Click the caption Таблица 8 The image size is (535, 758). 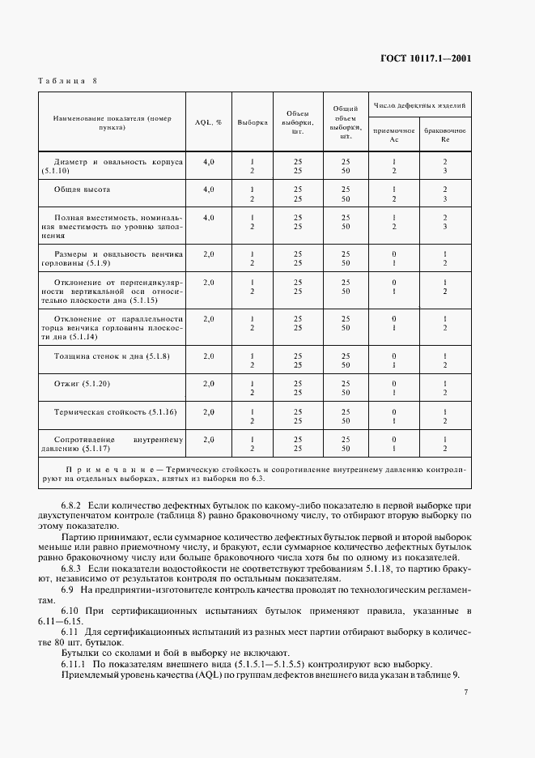[68, 81]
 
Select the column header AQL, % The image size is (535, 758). [208, 122]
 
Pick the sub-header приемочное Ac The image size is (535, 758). [394, 134]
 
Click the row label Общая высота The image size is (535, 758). [82, 189]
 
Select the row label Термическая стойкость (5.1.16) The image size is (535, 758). [114, 411]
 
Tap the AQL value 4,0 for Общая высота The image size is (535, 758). [208, 189]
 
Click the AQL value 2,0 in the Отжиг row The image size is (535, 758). [208, 384]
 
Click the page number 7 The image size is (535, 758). [465, 692]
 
